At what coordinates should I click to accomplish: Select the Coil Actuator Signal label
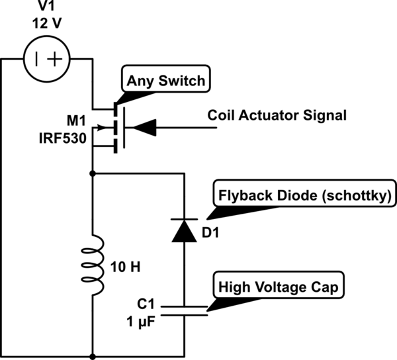pyautogui.click(x=277, y=115)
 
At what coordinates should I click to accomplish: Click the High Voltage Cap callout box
pyautogui.click(x=279, y=287)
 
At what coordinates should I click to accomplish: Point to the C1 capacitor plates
pyautogui.click(x=184, y=310)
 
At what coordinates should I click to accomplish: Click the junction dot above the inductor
pyautogui.click(x=93, y=173)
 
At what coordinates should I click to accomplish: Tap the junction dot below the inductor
pyautogui.click(x=93, y=356)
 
